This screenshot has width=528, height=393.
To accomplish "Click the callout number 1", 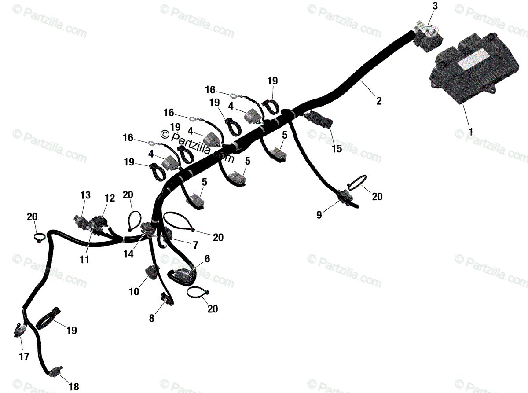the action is point(471,132).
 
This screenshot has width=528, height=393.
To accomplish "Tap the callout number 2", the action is point(379,101).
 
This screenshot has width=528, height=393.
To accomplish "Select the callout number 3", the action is point(435,6).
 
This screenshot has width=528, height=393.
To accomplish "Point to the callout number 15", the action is point(337,149).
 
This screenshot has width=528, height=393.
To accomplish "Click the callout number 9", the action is point(319,215).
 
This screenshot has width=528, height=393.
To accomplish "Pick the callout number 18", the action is point(73,386).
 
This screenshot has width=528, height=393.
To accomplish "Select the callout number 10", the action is point(134,291).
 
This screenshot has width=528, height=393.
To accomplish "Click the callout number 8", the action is point(152,318).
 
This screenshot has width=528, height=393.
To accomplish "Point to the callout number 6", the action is point(207,259).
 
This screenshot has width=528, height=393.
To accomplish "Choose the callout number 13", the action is point(85,195).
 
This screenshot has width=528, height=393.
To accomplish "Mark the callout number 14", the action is point(128,254).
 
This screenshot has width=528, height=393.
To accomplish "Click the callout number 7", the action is point(195,245).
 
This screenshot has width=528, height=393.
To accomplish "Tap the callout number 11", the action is point(84,259).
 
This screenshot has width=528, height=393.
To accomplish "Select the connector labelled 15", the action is point(318,119).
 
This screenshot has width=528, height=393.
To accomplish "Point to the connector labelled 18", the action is point(55,374).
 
